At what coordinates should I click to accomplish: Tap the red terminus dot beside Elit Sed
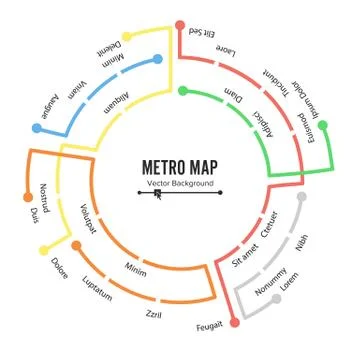pyautogui.click(x=180, y=26)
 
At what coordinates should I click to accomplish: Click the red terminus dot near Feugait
pyautogui.click(x=234, y=321)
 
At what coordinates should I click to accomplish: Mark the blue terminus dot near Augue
pyautogui.click(x=37, y=128)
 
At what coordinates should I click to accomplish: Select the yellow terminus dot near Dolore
pyautogui.click(x=42, y=250)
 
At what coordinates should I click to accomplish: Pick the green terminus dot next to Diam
pyautogui.click(x=183, y=91)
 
